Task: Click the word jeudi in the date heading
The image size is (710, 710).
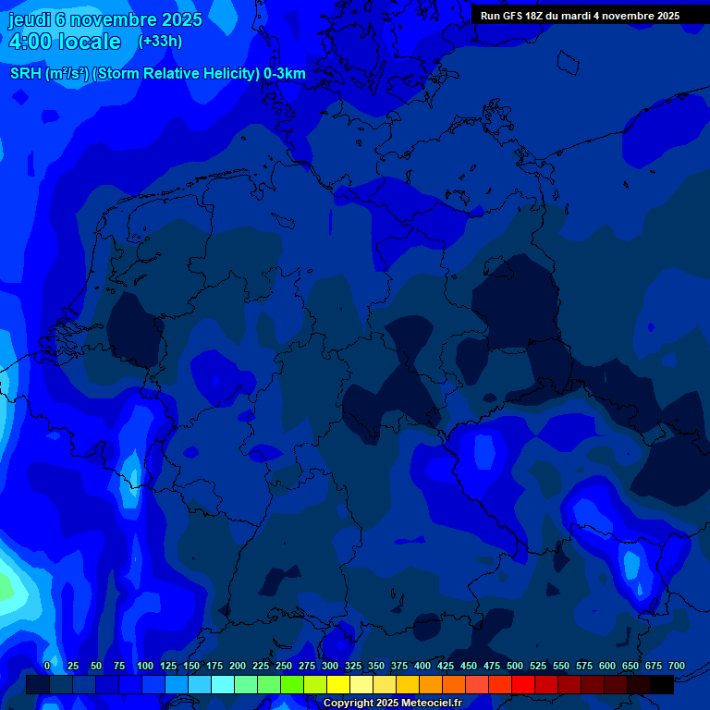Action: pyautogui.click(x=29, y=19)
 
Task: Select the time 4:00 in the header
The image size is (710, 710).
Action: pyautogui.click(x=30, y=42)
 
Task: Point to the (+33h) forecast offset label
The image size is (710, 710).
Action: pyautogui.click(x=160, y=42)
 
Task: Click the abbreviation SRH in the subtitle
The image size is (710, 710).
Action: pyautogui.click(x=26, y=74)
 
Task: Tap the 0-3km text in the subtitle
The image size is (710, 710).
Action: pyautogui.click(x=285, y=74)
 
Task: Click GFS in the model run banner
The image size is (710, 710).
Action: pyautogui.click(x=513, y=16)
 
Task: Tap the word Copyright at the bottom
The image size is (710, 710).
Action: pyautogui.click(x=349, y=704)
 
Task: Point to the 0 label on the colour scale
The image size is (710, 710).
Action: pyautogui.click(x=47, y=666)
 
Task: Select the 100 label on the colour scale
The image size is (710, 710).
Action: pyautogui.click(x=145, y=666)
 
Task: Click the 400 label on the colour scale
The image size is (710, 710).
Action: pyautogui.click(x=422, y=666)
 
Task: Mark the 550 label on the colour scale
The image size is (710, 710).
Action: pyautogui.click(x=561, y=666)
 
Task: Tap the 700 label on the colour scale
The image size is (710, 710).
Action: pyautogui.click(x=677, y=666)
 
